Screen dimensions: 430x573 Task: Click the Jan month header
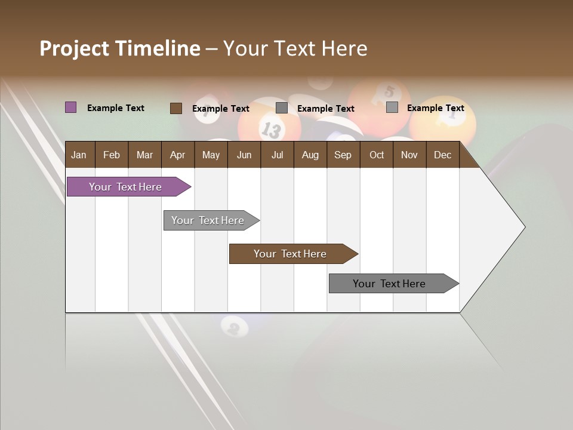point(79,155)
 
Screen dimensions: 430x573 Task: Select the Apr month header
point(177,155)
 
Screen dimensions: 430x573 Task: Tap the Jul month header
point(277,155)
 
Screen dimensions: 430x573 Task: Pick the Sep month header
point(343,155)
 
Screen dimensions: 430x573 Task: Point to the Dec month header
point(442,155)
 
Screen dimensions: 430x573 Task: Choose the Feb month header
point(112,155)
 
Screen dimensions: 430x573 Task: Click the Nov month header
point(409,155)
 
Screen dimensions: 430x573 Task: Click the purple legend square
point(70,107)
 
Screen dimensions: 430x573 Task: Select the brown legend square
point(175,108)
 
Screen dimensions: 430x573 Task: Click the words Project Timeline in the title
point(119,48)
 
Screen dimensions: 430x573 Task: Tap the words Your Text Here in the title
point(295,48)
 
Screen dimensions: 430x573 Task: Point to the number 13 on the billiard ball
point(270,129)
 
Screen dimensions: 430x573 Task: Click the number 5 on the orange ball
point(389,91)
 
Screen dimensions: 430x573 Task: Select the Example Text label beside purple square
point(115,108)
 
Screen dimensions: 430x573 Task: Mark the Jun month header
point(244,155)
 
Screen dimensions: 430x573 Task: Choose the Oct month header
point(376,155)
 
